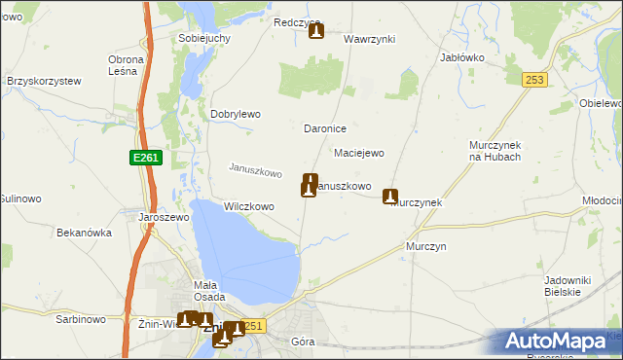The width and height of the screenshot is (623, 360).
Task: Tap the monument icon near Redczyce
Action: pos(316,32)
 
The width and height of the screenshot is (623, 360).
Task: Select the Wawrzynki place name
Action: pos(369,39)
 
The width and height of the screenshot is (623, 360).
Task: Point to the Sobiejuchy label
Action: pos(203,38)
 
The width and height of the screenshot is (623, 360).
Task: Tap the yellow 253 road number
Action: pos(532,81)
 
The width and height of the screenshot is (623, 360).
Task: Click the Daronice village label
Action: pos(326,128)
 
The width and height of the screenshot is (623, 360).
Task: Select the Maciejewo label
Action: pos(359,153)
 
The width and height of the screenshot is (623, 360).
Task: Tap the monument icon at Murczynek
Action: pos(391,197)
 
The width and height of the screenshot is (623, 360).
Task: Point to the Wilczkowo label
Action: pos(249,206)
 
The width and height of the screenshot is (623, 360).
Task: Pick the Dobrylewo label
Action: pos(236,114)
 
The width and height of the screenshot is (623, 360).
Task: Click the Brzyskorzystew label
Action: pos(44,82)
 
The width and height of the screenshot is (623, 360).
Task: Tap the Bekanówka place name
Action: pos(85,234)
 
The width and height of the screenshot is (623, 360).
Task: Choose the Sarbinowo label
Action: pos(81,318)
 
